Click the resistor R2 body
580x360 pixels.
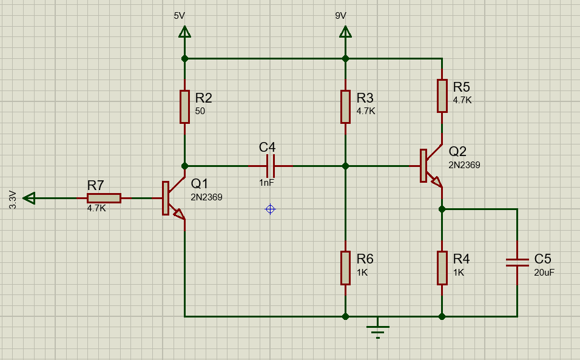(x=184, y=106)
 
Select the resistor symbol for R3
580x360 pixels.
(x=345, y=106)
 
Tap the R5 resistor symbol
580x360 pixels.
(x=442, y=95)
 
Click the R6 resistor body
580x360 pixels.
(x=345, y=268)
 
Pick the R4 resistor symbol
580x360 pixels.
(x=442, y=268)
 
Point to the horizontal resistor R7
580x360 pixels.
(x=104, y=198)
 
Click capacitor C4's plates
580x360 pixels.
(x=271, y=165)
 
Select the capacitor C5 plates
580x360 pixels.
(x=518, y=262)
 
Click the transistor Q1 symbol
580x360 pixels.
(x=174, y=198)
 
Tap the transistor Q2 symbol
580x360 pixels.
(x=430, y=166)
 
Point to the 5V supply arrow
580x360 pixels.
(x=184, y=32)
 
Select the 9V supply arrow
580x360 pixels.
(x=345, y=32)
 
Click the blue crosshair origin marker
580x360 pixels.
(x=271, y=209)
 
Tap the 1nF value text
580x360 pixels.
(x=268, y=183)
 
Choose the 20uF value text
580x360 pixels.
(x=544, y=273)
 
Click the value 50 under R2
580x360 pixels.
(x=200, y=111)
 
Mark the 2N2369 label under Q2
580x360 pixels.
(x=464, y=165)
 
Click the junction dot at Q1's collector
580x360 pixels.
(x=184, y=165)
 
